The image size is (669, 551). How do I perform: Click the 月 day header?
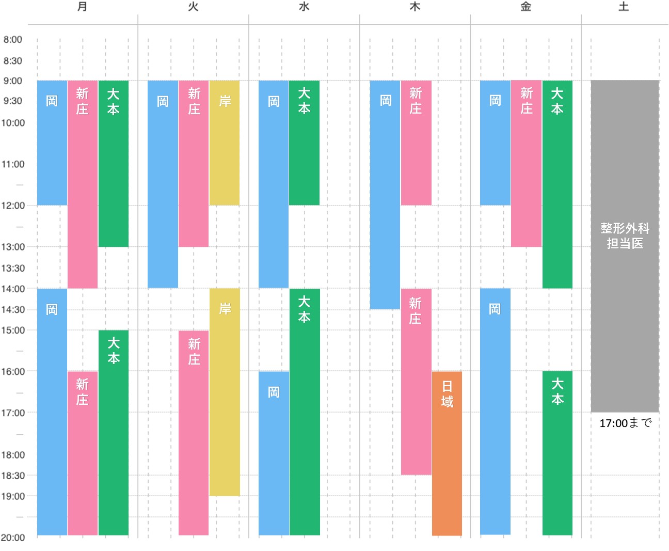point(82,7)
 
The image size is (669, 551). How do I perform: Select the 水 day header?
point(304,7)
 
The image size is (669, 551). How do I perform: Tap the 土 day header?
point(624,7)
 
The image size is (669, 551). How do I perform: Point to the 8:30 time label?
point(13,61)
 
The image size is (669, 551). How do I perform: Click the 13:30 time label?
point(13,268)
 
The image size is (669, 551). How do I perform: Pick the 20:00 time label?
point(13,538)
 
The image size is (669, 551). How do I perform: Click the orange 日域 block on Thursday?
point(447,453)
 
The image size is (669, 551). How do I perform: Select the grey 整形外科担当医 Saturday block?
point(625,246)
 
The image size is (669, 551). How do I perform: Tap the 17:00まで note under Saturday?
point(625,423)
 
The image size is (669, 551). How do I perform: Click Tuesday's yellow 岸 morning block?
point(225,143)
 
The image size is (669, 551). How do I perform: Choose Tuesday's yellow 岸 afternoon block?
point(225,392)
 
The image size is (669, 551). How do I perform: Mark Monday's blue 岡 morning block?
point(52,143)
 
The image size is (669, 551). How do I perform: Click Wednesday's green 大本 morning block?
point(304,143)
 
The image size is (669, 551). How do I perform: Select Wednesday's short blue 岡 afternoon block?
point(274,453)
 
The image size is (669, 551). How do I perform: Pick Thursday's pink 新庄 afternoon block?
point(416,382)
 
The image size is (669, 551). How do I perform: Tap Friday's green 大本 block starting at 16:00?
point(557,453)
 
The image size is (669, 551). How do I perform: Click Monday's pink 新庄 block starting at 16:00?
point(83,453)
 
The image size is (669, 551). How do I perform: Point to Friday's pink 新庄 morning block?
point(527,163)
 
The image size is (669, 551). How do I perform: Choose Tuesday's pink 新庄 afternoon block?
point(194,433)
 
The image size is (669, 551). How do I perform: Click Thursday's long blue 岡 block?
point(385,195)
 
